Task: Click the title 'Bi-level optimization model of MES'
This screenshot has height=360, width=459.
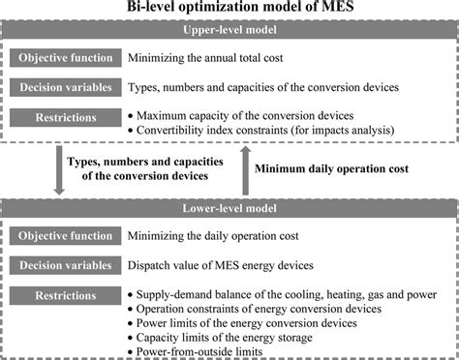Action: click(x=229, y=9)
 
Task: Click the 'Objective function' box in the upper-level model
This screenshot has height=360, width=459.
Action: click(x=63, y=57)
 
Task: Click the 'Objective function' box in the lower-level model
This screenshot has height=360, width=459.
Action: click(x=63, y=235)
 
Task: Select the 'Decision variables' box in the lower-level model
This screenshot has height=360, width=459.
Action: click(x=63, y=264)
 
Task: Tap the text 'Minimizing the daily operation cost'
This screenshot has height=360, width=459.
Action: click(x=228, y=236)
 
